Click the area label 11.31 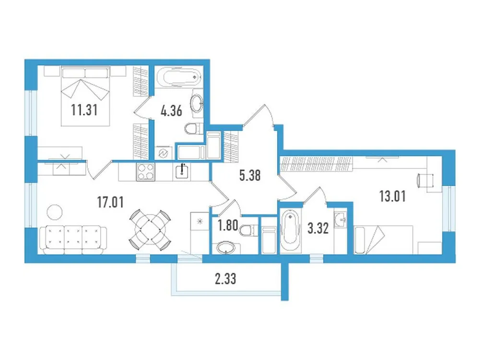click(84, 111)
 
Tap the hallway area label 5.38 click(250, 176)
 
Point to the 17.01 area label click(110, 202)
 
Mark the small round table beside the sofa click(55, 212)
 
